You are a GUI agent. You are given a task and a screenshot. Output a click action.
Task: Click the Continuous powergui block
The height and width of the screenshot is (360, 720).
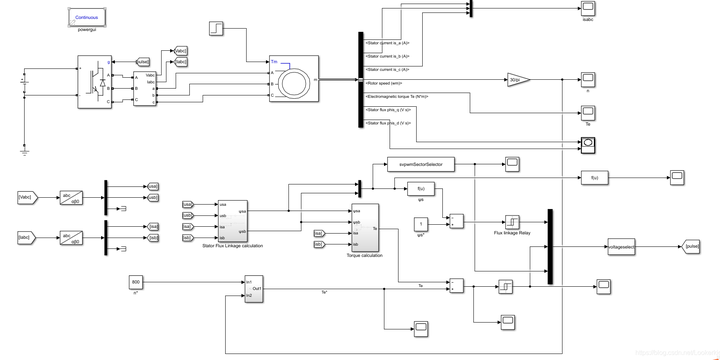click(x=87, y=18)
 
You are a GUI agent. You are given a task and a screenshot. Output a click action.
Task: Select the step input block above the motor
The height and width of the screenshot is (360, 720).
click(x=217, y=27)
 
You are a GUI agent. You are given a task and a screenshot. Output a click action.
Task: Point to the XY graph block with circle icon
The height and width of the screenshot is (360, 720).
click(x=589, y=144)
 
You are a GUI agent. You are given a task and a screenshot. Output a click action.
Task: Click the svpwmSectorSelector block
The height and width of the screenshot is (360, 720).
click(x=420, y=163)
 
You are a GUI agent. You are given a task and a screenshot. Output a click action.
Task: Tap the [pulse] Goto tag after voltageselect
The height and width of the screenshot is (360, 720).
click(x=692, y=244)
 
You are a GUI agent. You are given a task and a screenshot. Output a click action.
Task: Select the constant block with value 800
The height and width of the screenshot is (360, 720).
click(x=137, y=283)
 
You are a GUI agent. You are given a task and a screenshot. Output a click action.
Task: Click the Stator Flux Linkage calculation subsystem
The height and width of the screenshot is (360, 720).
click(x=232, y=220)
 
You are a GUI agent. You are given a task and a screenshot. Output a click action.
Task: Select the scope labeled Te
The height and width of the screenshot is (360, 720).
click(x=588, y=113)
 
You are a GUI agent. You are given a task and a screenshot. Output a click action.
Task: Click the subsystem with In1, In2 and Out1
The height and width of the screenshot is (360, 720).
click(x=254, y=288)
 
